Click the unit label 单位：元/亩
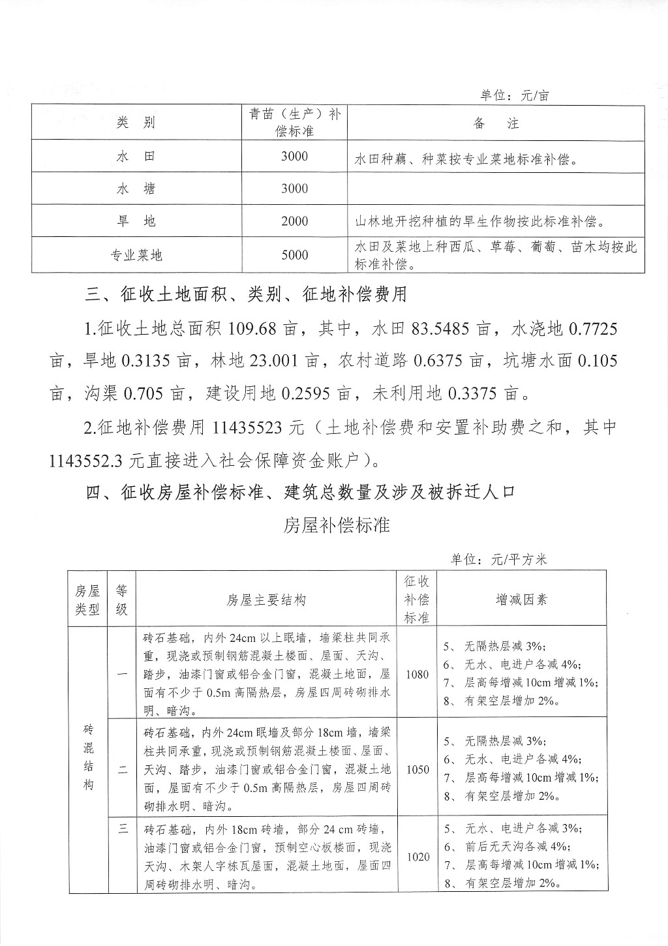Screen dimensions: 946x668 (514, 95)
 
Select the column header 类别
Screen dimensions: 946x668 (136, 123)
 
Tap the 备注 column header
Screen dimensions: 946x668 (496, 123)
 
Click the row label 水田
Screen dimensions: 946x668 (136, 157)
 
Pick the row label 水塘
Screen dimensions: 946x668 (136, 189)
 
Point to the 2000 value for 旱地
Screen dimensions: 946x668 (294, 222)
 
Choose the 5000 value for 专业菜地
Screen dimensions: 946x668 (294, 255)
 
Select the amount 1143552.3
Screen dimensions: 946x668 (86, 461)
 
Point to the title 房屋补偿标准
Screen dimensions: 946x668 (337, 525)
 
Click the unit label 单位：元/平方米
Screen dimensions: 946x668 (501, 560)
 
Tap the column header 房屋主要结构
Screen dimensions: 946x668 (266, 600)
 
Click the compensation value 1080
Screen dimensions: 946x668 (417, 674)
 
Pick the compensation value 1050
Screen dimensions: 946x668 (417, 769)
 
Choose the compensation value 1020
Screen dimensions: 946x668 (417, 857)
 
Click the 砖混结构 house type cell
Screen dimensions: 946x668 (88, 757)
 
